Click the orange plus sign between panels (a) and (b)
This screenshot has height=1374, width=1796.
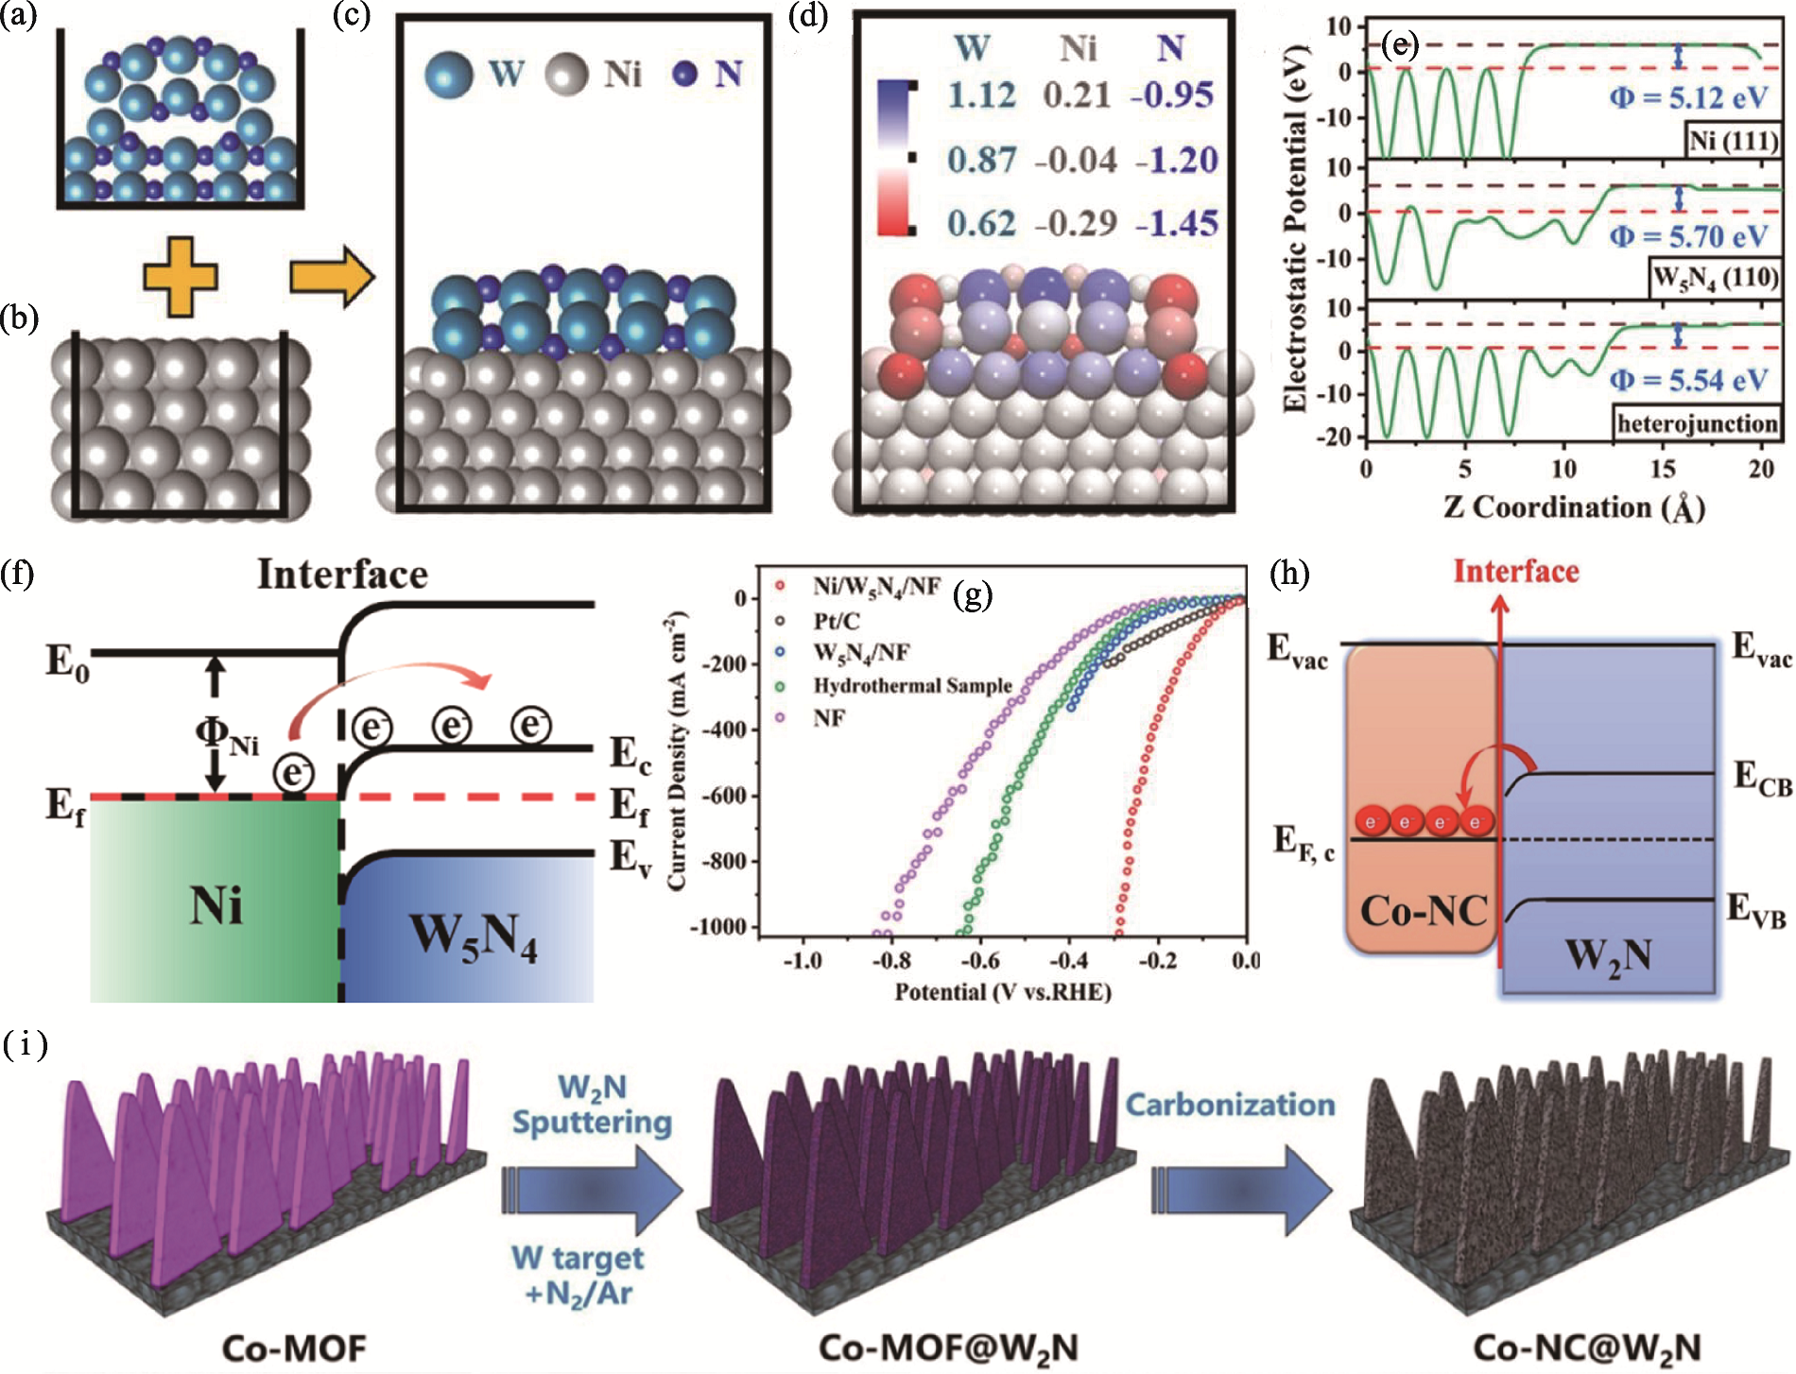point(180,276)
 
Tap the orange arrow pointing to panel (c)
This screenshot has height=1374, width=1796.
point(331,276)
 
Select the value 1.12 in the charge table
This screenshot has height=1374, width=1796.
point(982,95)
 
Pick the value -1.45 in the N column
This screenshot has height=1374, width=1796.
point(1176,224)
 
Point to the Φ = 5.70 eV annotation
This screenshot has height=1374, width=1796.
point(1688,235)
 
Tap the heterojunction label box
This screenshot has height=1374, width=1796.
point(1697,422)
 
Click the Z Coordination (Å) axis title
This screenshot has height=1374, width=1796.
point(1574,507)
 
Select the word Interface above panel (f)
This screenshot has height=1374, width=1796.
point(342,575)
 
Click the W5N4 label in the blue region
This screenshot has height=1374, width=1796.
point(473,937)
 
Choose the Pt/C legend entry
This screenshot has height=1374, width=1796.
point(836,620)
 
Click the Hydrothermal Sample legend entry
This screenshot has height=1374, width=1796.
point(911,685)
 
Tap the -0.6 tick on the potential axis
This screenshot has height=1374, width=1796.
point(979,961)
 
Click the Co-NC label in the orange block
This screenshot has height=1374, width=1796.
point(1423,911)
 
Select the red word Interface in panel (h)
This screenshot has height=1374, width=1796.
point(1515,572)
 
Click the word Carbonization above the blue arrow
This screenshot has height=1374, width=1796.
point(1230,1105)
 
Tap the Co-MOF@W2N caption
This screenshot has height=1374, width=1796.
point(947,1348)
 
